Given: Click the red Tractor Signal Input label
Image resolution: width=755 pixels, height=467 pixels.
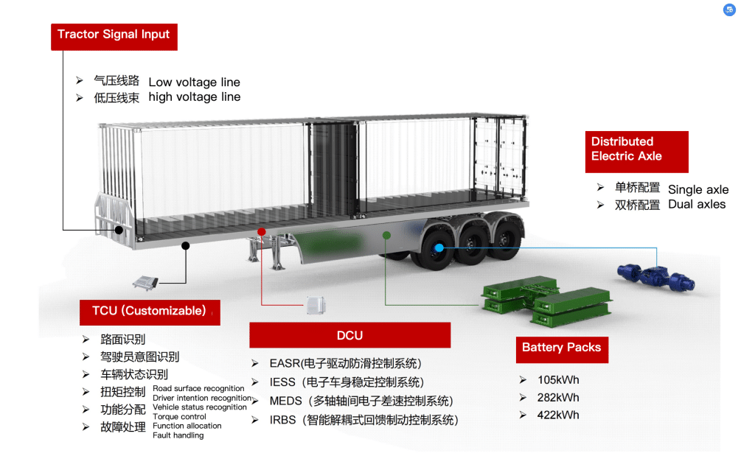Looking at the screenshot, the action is [114, 37].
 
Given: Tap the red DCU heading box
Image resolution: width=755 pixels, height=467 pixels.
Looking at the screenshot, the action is [350, 334].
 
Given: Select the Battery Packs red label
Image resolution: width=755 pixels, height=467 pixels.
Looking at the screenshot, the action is [562, 350].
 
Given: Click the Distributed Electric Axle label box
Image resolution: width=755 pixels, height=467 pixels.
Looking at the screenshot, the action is [636, 152].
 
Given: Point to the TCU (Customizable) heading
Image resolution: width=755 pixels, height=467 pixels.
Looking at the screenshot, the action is [150, 312].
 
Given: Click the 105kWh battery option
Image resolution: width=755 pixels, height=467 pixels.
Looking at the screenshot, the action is [558, 380].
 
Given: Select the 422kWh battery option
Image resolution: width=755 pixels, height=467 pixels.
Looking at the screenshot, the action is [558, 415].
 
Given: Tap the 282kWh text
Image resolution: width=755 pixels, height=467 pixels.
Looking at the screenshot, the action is [558, 398].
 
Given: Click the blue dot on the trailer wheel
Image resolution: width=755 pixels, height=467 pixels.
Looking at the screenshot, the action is [439, 247].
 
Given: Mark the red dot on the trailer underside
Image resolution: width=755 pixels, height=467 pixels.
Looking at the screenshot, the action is [262, 232].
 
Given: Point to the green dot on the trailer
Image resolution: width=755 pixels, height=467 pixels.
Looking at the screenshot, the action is [386, 235].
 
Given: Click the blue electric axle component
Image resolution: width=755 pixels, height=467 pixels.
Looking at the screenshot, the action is [656, 277].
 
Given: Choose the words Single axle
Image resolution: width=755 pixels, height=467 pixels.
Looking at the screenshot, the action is [698, 189].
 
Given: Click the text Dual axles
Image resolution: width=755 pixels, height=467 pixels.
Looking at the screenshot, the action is [697, 204].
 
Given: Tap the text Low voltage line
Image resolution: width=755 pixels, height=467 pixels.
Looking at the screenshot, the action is [194, 82].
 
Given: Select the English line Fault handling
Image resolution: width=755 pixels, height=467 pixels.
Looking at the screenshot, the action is [178, 435].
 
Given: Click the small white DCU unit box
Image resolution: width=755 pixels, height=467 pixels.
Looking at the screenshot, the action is [316, 305].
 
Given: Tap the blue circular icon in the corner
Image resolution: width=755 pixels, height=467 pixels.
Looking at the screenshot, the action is [729, 10].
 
